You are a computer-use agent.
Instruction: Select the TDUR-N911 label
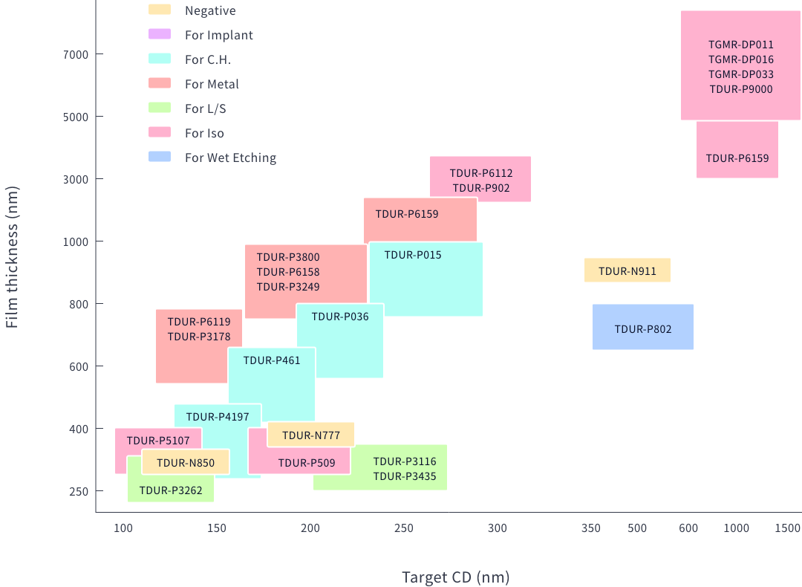[627, 271]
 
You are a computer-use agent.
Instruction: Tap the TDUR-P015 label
[413, 255]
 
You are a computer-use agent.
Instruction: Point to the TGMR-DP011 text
[741, 45]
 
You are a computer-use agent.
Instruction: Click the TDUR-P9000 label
[741, 89]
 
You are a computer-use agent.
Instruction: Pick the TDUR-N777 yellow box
[311, 435]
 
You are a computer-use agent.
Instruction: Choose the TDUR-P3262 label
[171, 490]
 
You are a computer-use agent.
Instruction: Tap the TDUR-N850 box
[186, 462]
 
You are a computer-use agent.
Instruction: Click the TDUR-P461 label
[272, 360]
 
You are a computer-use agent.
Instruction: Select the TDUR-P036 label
[340, 317]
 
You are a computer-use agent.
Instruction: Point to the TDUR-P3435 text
[405, 476]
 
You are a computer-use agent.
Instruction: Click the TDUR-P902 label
[481, 188]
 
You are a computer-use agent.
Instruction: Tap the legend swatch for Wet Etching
[160, 157]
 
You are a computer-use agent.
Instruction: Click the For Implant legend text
[219, 35]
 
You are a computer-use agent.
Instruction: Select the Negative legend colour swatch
[160, 10]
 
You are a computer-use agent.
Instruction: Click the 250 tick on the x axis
[403, 528]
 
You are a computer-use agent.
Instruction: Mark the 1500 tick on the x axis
[787, 528]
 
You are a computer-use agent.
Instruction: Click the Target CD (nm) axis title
[455, 577]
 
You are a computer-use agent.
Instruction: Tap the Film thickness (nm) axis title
[12, 256]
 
